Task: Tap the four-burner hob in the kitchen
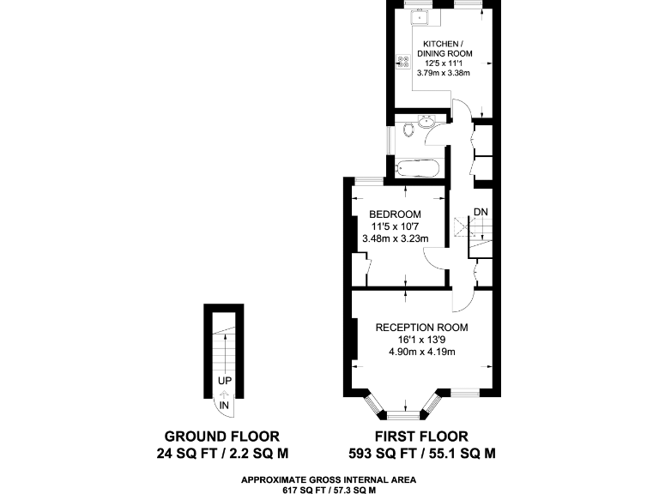click(403, 61)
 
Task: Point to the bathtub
click(418, 169)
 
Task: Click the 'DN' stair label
click(481, 212)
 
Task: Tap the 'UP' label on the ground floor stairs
click(224, 381)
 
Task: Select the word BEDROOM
click(395, 214)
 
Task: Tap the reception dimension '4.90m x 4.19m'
click(421, 352)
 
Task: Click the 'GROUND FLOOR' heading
click(221, 436)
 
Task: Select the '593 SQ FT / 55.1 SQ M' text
click(422, 452)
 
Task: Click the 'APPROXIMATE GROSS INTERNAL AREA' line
click(329, 479)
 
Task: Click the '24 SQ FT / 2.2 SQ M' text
click(221, 452)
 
